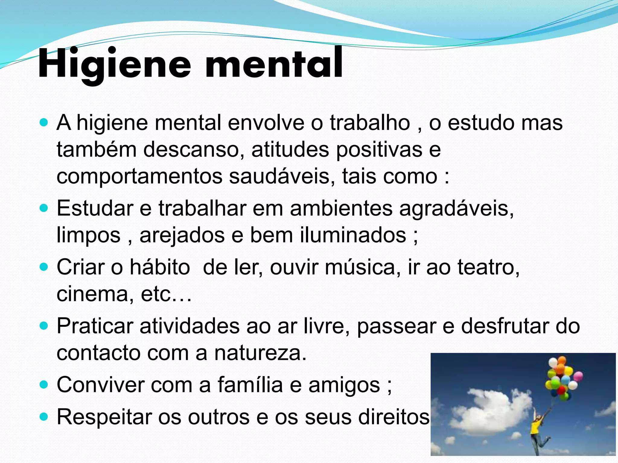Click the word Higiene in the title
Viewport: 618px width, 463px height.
[x=115, y=64]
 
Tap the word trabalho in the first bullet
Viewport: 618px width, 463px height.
[x=370, y=123]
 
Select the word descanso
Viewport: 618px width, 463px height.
[x=193, y=150]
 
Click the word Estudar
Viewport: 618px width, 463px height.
[x=95, y=208]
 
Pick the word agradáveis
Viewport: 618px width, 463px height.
[x=456, y=208]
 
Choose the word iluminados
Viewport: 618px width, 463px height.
[x=353, y=235]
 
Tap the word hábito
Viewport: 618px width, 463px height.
[x=160, y=267]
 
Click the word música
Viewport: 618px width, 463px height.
[x=362, y=267]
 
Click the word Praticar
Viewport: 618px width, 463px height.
[x=95, y=326]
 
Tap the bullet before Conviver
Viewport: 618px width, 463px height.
[x=44, y=385]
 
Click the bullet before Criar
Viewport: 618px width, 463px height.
[x=44, y=267]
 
